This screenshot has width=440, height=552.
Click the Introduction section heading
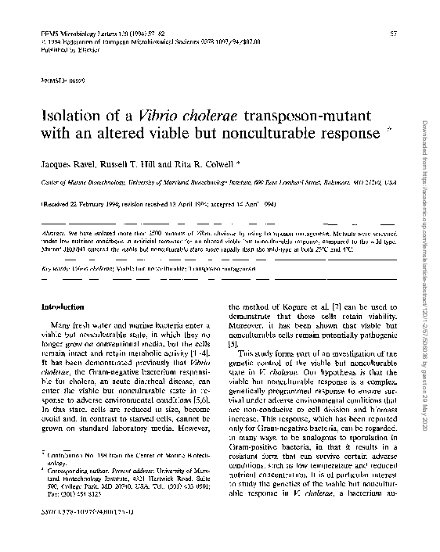pos(63,307)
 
